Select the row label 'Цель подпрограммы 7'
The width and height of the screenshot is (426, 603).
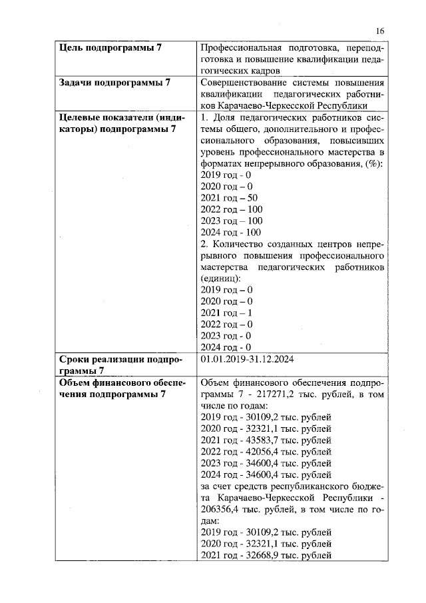pos(110,48)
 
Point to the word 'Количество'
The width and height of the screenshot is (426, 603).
pos(240,244)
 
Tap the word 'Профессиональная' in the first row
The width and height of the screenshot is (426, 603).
pos(242,48)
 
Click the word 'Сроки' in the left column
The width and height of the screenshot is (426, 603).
pos(75,360)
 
